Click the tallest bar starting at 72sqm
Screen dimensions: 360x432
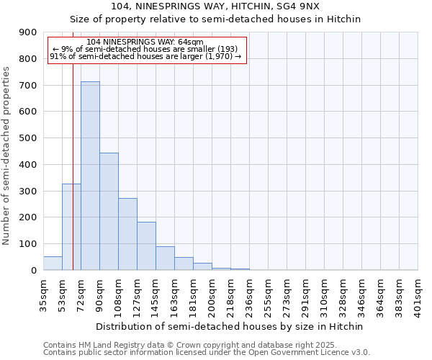click(90, 176)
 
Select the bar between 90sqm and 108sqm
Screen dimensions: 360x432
click(109, 212)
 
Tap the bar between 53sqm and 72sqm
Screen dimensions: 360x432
click(71, 227)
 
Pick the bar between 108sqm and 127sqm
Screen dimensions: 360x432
click(127, 234)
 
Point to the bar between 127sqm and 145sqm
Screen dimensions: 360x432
click(146, 246)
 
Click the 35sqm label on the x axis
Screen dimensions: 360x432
click(44, 294)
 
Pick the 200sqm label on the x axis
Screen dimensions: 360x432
click(212, 295)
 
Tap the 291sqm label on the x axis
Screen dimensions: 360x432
click(306, 295)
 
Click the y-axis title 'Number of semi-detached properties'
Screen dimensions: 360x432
click(7, 156)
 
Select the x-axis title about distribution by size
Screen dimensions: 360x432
click(230, 326)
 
